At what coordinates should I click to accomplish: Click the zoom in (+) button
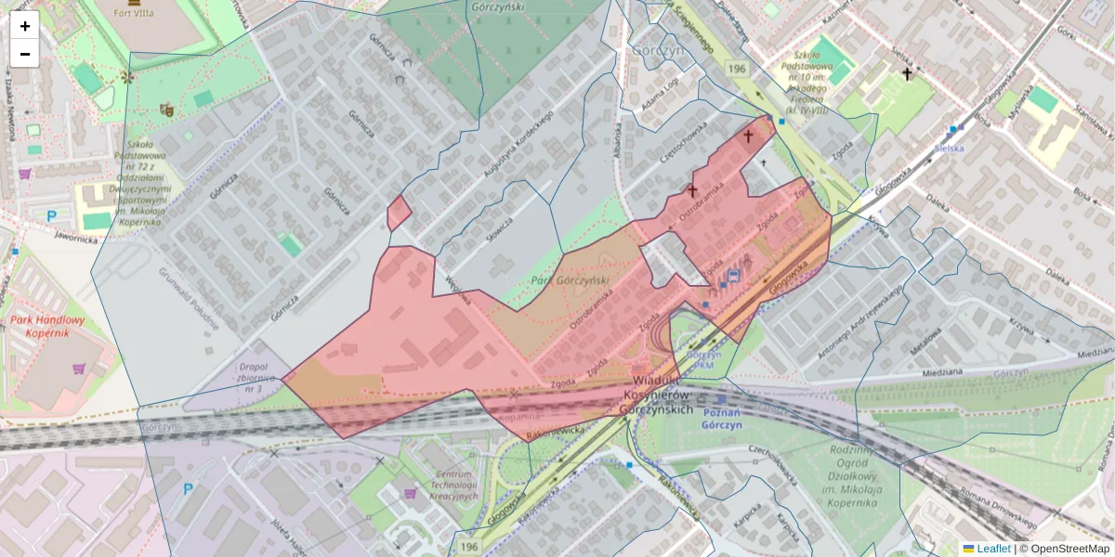click(25, 26)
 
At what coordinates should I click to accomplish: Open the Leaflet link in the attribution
click(992, 549)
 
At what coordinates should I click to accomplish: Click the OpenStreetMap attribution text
click(1064, 549)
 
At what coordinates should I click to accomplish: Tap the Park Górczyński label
click(569, 280)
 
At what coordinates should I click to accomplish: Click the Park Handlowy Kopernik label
click(48, 327)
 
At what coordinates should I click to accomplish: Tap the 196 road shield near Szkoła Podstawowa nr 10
click(737, 70)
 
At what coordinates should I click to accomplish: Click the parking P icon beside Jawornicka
click(52, 215)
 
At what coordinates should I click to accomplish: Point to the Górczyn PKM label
click(704, 360)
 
